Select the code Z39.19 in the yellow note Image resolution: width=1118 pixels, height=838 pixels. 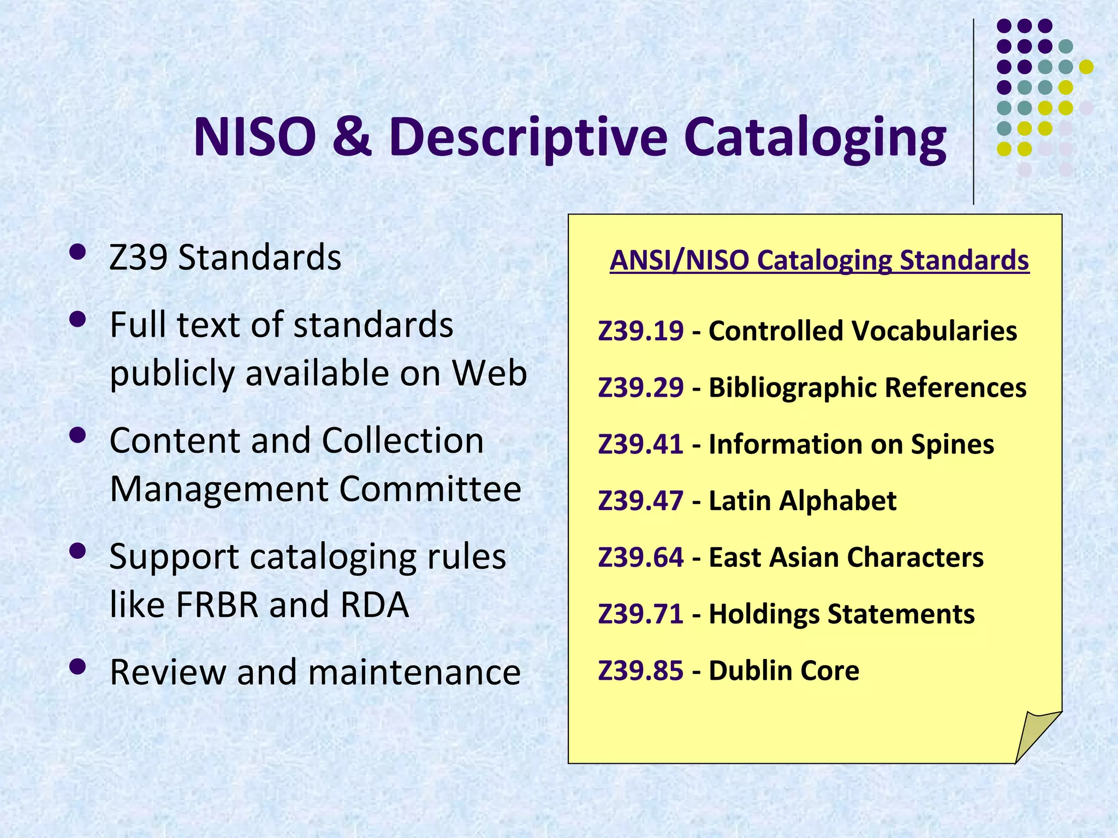[640, 331]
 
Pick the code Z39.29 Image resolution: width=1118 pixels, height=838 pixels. [640, 388]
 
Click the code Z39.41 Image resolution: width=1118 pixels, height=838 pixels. [640, 444]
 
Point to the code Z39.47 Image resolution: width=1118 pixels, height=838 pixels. [640, 501]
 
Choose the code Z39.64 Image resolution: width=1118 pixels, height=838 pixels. [640, 558]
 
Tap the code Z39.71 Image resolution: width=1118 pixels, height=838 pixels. [640, 614]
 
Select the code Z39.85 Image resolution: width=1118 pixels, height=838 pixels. [640, 671]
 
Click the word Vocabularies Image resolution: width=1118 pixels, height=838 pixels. [933, 331]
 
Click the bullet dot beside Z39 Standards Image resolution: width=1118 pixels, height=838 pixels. [78, 252]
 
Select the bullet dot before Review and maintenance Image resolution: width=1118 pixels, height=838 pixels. [78, 666]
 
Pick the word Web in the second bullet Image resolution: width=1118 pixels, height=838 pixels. [489, 373]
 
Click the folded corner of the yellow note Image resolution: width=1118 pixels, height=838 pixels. [1035, 734]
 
